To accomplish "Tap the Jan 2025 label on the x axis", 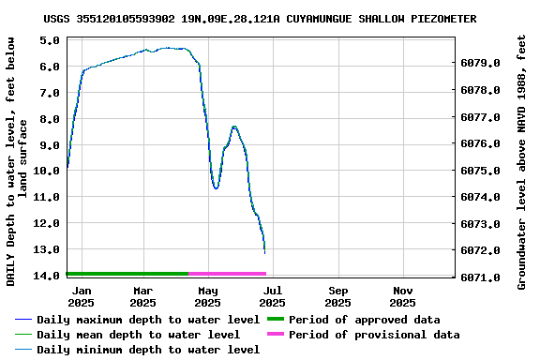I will (x=81, y=296).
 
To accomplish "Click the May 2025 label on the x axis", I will (x=208, y=296).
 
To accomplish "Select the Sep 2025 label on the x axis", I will (x=338, y=296).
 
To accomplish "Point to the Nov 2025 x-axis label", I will (x=402, y=296).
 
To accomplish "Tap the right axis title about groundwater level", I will (x=522, y=161).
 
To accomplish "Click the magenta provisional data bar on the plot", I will (x=228, y=274).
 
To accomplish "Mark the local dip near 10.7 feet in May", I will (x=217, y=187).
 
